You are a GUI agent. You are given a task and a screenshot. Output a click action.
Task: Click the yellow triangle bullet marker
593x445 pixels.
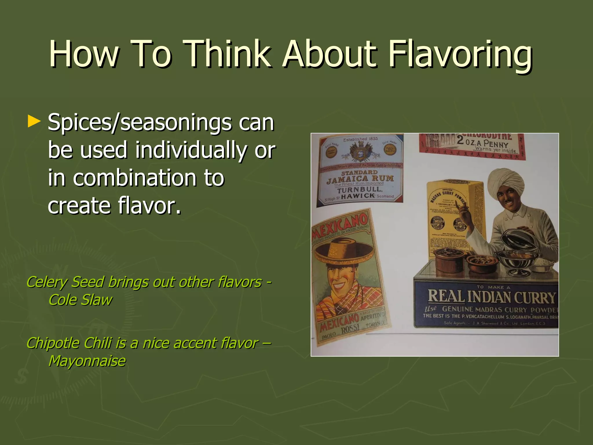(34, 122)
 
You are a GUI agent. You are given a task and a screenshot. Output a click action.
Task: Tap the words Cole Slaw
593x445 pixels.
(80, 300)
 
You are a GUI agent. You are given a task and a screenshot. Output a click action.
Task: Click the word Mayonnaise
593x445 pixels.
(87, 361)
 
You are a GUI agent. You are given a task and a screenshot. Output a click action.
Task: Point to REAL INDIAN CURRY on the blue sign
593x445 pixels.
(491, 297)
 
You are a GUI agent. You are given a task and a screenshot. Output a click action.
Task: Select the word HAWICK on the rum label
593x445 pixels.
(358, 196)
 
